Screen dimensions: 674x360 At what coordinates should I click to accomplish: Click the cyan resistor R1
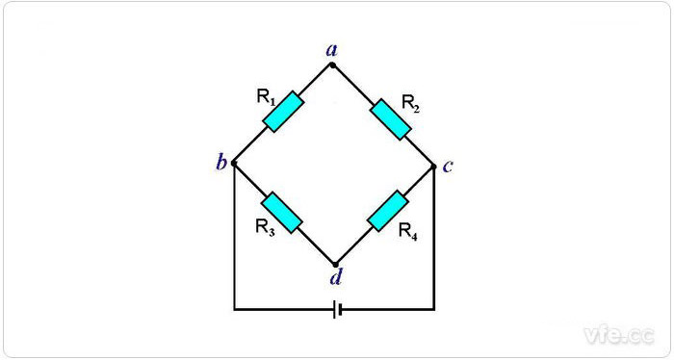pyautogui.click(x=283, y=113)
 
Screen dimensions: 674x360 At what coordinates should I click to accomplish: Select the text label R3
pyautogui.click(x=266, y=227)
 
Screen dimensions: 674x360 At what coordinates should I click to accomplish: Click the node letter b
pyautogui.click(x=221, y=163)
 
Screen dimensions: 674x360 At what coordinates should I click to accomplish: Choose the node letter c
pyautogui.click(x=448, y=166)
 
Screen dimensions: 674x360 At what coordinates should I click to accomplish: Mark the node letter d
pyautogui.click(x=334, y=279)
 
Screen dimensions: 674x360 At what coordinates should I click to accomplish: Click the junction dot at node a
pyautogui.click(x=333, y=64)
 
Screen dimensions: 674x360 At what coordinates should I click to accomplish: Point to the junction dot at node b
pyautogui.click(x=234, y=163)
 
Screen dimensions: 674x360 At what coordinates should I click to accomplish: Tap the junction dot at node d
pyautogui.click(x=334, y=264)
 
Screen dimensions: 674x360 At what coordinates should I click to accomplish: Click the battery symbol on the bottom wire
pyautogui.click(x=336, y=310)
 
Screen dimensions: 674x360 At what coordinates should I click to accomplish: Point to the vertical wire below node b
pyautogui.click(x=234, y=241)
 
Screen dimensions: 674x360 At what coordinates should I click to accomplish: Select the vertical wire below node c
pyautogui.click(x=434, y=241)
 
